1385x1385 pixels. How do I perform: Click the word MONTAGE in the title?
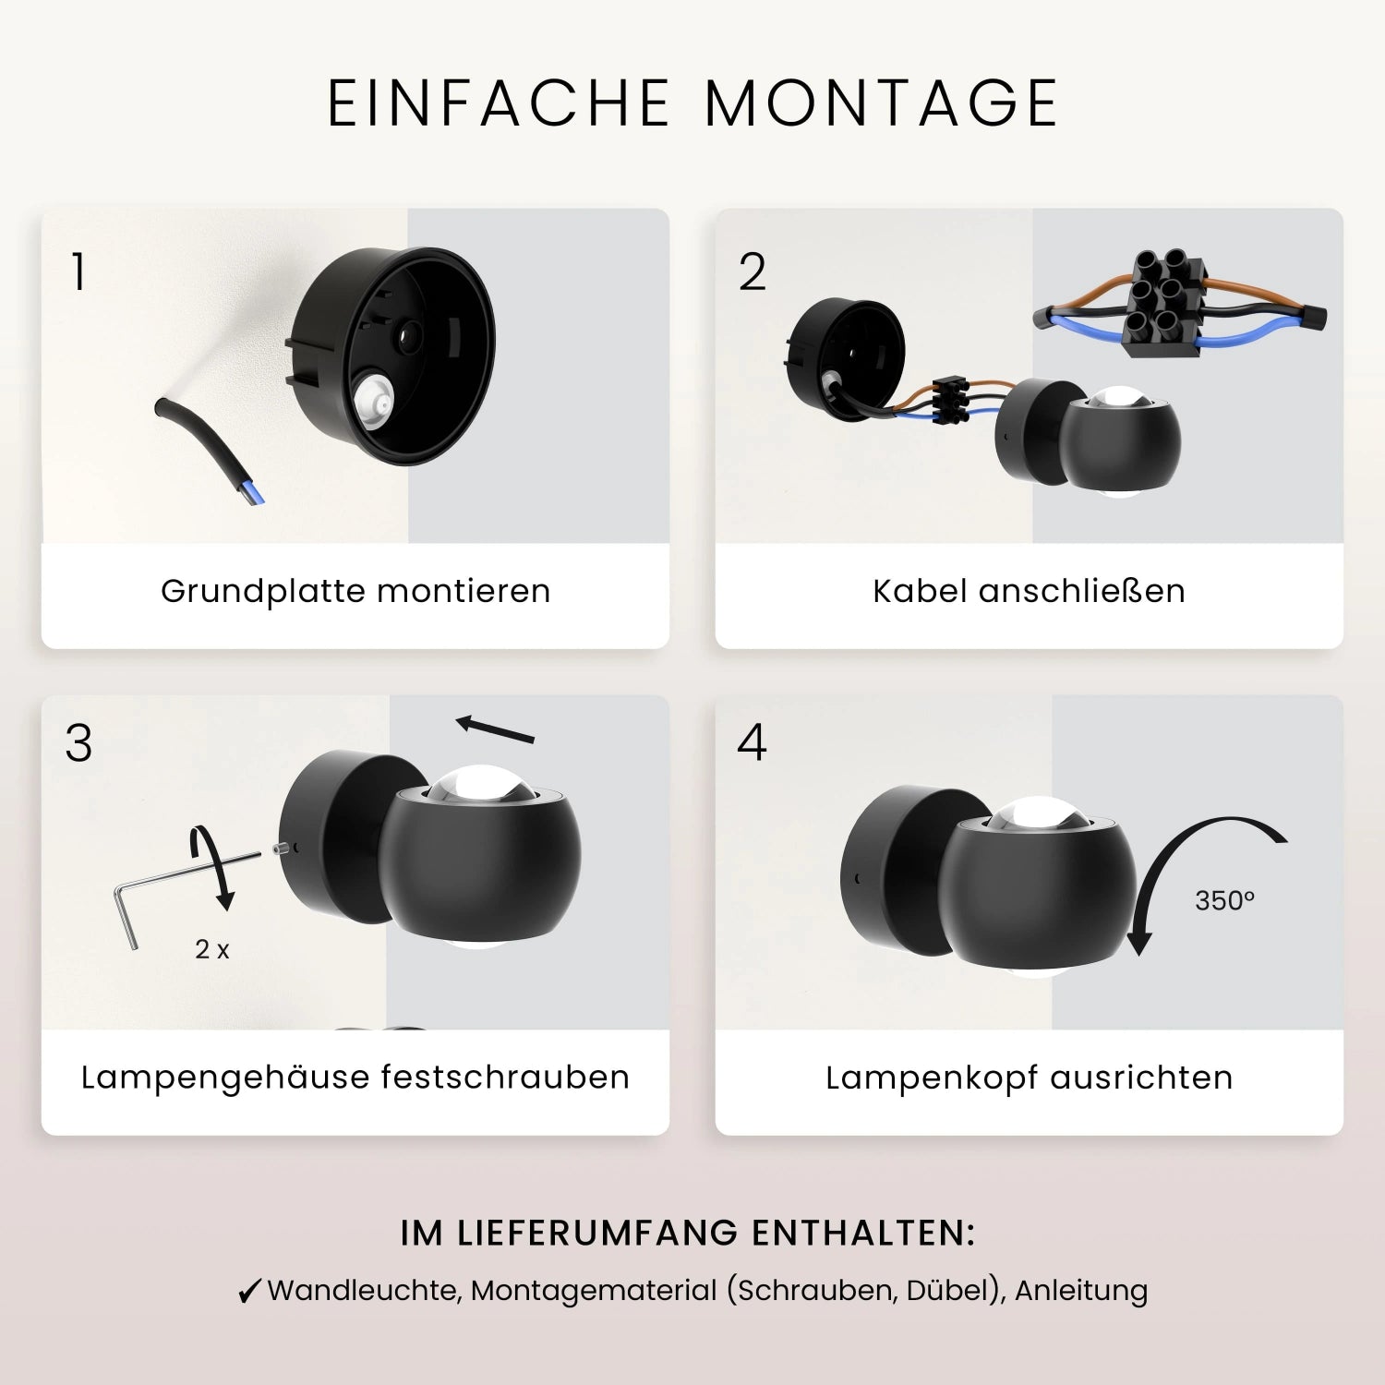pos(882,103)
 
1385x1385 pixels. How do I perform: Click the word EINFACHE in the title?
pos(499,103)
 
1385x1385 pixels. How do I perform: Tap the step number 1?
pos(78,273)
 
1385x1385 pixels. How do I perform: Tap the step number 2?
pos(752,273)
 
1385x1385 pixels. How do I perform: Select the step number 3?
pos(78,743)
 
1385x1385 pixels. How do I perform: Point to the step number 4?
pos(752,743)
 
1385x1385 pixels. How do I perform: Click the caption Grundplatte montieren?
pos(355,591)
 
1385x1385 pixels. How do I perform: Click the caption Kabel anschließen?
pos(1029,591)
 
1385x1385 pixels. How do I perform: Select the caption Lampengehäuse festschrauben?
pos(355,1078)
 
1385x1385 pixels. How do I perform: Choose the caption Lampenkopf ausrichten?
pos(1029,1078)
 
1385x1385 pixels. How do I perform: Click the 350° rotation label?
pos(1224,901)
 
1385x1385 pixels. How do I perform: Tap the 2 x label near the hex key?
pos(212,949)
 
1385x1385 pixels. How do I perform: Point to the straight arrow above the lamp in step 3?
pos(495,729)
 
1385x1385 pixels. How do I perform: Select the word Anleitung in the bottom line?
pos(1080,1291)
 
